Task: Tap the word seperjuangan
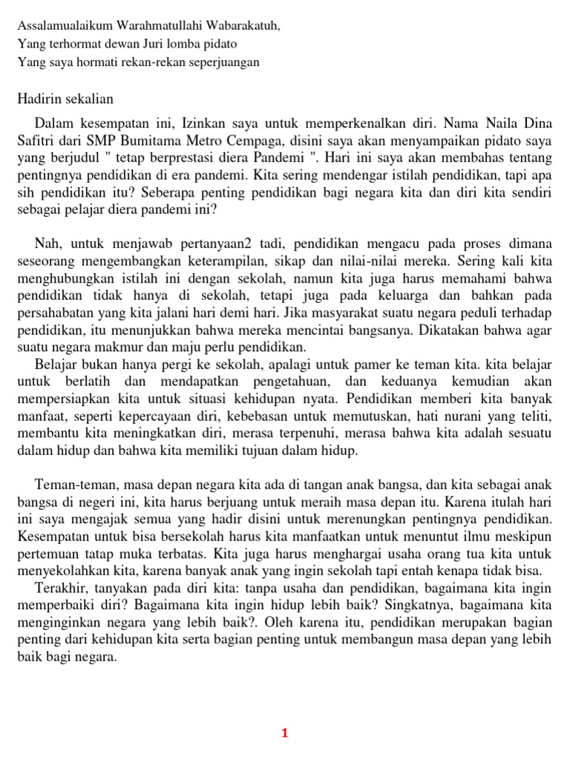(225, 62)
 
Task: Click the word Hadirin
(38, 99)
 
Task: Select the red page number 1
(284, 734)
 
